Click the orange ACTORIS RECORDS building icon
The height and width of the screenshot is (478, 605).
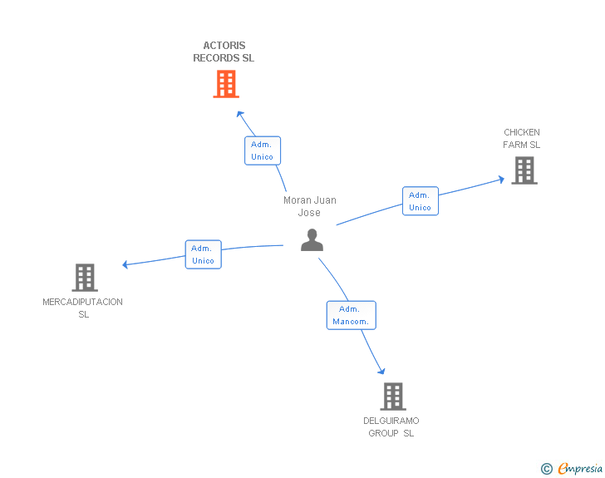click(226, 84)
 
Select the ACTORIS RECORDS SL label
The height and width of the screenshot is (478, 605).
click(224, 52)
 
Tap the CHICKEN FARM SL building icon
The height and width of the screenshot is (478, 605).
click(524, 170)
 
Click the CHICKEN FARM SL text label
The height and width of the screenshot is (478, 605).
click(522, 139)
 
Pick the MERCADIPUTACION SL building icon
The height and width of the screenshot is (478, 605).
click(85, 278)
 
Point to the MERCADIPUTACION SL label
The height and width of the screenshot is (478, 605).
click(83, 308)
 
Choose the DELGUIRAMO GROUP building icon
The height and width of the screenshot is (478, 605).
click(393, 397)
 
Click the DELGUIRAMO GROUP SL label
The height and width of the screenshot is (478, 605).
click(391, 426)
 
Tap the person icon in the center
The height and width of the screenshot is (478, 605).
click(312, 240)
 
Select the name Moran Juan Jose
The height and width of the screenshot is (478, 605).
click(310, 206)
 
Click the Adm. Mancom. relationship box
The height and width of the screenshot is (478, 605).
click(351, 315)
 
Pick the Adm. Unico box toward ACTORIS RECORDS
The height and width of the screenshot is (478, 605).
click(263, 150)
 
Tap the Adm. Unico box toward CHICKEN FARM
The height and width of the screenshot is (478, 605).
click(421, 201)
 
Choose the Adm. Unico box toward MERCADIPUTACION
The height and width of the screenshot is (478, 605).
click(204, 254)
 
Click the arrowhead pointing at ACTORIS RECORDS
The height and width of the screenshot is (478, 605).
click(240, 114)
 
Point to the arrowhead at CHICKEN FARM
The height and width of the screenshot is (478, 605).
click(501, 180)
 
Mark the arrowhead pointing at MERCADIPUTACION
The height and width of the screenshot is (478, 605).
click(125, 264)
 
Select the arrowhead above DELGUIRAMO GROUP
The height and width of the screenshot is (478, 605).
click(381, 371)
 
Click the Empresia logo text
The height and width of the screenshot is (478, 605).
click(580, 468)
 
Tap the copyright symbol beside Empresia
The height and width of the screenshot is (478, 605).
click(547, 469)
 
